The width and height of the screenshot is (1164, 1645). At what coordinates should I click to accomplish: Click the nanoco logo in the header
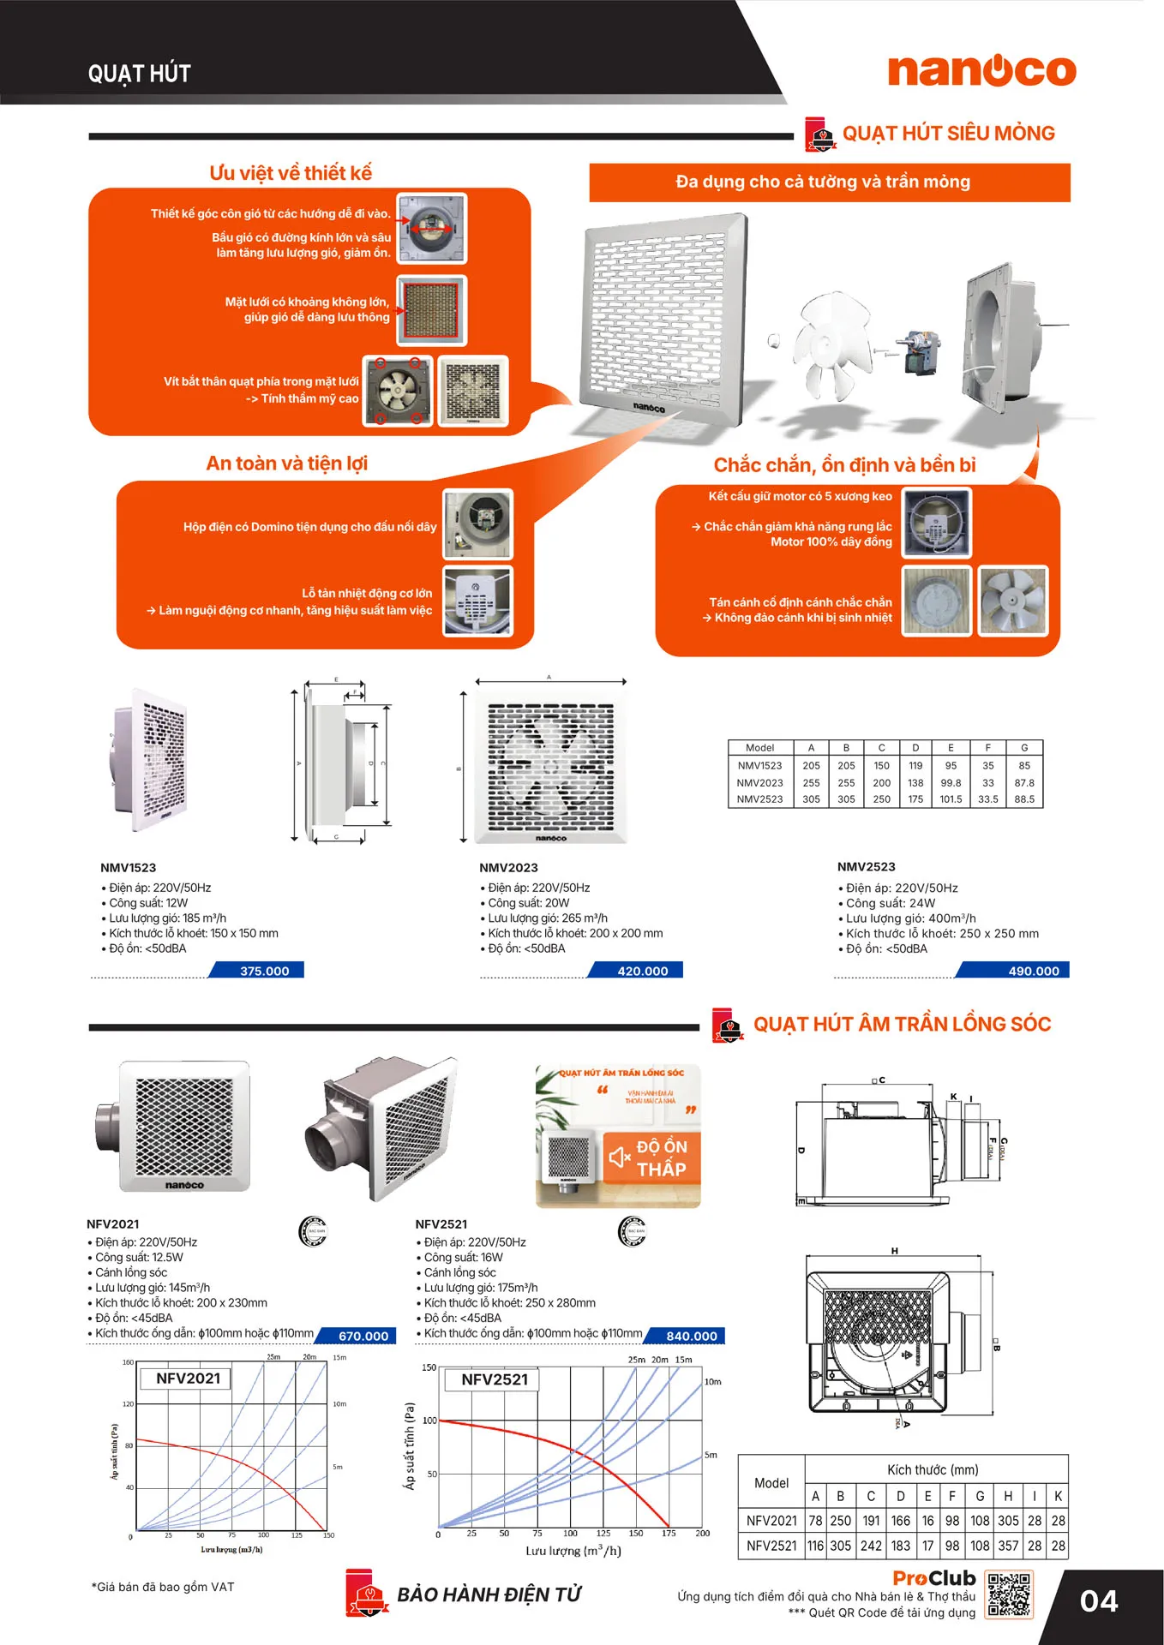(x=981, y=71)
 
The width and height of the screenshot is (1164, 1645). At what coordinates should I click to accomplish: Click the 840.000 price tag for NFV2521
(x=691, y=1336)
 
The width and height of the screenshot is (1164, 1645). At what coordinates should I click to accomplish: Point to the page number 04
(x=1098, y=1601)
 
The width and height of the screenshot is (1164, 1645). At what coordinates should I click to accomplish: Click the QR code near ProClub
(x=1009, y=1594)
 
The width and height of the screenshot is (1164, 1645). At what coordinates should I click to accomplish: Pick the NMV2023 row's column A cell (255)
(x=811, y=782)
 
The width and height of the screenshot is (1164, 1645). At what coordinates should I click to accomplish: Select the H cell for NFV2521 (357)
(x=1008, y=1546)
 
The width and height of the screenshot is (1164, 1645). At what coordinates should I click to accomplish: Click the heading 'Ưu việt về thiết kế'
(x=291, y=173)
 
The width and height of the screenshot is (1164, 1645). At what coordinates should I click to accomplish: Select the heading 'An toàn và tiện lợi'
(x=286, y=464)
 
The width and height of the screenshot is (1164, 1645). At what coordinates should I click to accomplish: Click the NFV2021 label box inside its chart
(x=189, y=1379)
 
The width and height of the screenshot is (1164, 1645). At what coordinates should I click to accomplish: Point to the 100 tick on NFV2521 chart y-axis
(x=429, y=1421)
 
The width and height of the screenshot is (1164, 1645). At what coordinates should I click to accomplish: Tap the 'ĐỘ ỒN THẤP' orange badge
(x=652, y=1157)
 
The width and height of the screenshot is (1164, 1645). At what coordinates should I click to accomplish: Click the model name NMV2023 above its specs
(x=508, y=867)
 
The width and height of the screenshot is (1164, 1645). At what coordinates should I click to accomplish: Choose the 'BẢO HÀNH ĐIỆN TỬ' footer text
(x=489, y=1594)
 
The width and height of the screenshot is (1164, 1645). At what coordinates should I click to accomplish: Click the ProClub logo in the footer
(x=933, y=1578)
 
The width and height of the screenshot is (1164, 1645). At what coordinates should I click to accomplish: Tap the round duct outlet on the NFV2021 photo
(x=106, y=1126)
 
